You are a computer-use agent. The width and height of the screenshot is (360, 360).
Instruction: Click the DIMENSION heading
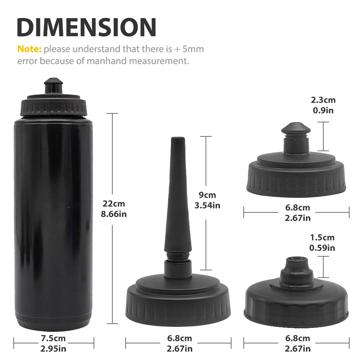coord(86,27)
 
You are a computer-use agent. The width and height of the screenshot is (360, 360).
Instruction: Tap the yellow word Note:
coord(30,49)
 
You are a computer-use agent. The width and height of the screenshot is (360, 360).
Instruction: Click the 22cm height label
coord(114,203)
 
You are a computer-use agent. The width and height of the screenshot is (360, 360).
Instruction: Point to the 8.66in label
coord(114,214)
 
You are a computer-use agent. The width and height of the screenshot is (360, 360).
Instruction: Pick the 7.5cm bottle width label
coord(53,338)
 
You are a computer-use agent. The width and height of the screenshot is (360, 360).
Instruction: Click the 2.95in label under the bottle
coord(53,349)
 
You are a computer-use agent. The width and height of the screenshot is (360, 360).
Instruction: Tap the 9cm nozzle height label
coord(207,195)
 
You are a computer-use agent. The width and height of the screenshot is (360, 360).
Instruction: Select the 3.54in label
coord(207,205)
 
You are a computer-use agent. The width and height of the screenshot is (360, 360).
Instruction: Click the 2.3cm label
coord(323,100)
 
